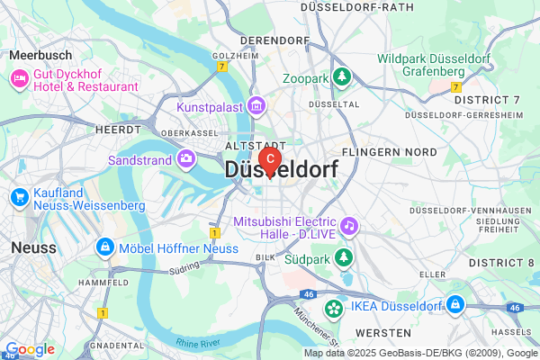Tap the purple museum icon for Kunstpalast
pyautogui.click(x=256, y=107)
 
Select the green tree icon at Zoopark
pyautogui.click(x=341, y=78)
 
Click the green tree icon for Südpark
pyautogui.click(x=343, y=258)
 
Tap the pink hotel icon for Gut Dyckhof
pyautogui.click(x=18, y=80)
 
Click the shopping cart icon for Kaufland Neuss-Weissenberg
pyautogui.click(x=18, y=197)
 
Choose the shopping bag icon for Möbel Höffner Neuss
pyautogui.click(x=105, y=247)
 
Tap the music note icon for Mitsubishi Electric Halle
pyautogui.click(x=349, y=223)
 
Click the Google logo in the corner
pyautogui.click(x=30, y=349)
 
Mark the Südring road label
pyautogui.click(x=184, y=268)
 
